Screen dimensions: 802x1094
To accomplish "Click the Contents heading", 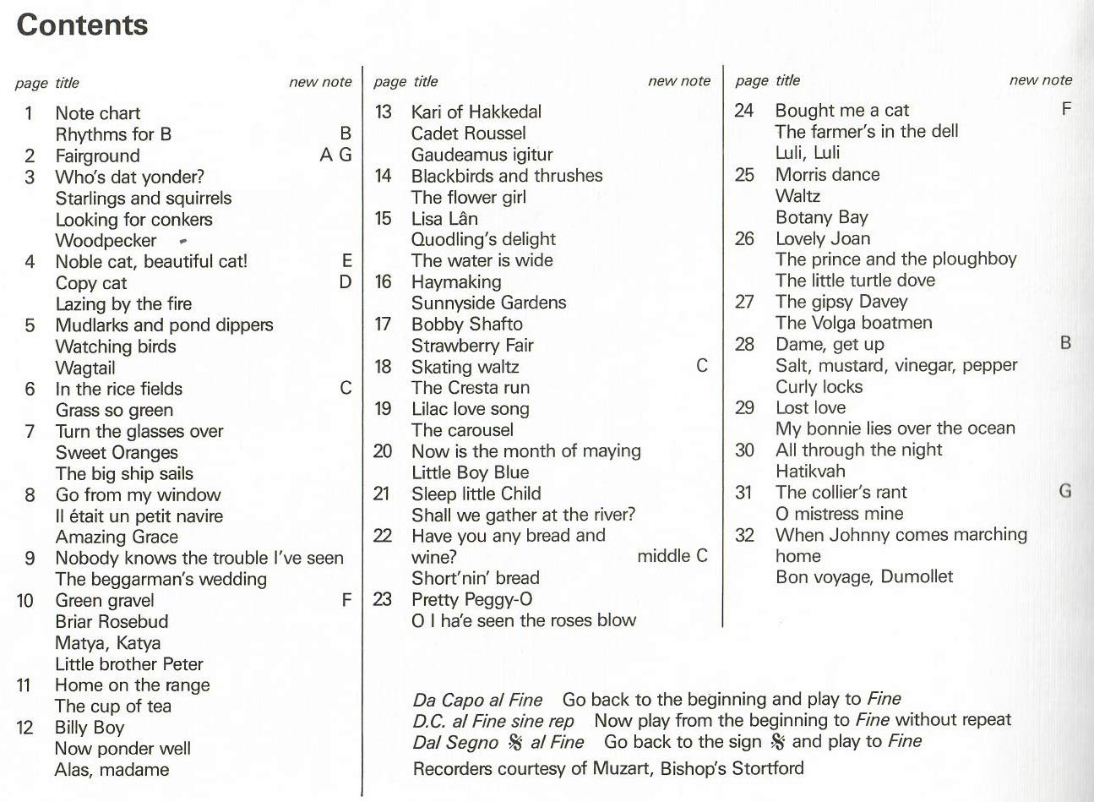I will click(x=82, y=25).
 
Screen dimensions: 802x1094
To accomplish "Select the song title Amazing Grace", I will click(x=117, y=537).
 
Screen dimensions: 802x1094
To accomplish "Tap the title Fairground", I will click(x=97, y=155).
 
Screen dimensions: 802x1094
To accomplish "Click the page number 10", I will click(x=24, y=601).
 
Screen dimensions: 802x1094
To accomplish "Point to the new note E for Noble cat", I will click(x=346, y=261).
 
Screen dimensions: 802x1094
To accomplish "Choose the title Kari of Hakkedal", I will click(x=476, y=112).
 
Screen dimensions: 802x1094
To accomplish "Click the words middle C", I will click(x=672, y=556).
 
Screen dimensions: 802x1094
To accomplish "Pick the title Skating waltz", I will click(x=465, y=367).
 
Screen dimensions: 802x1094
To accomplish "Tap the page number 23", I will click(x=383, y=599).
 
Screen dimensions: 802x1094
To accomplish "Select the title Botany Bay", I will click(x=821, y=217).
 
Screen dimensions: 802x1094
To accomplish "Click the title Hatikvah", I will click(x=809, y=471).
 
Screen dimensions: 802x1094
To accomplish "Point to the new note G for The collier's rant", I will click(x=1065, y=491).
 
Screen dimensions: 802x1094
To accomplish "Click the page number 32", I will click(x=744, y=534).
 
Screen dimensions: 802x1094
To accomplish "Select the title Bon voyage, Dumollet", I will click(x=863, y=577).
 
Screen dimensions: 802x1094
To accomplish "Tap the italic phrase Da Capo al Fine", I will click(x=477, y=700).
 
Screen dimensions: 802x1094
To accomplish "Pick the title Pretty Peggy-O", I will click(x=471, y=599).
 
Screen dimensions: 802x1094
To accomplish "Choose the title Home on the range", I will click(x=132, y=685).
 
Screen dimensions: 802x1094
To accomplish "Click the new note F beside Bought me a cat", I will click(x=1066, y=109).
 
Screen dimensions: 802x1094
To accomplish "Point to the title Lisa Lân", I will click(x=444, y=218).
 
